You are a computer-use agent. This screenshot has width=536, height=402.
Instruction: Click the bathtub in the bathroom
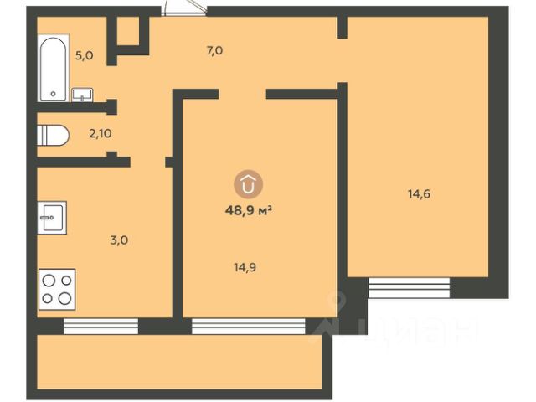[x=53, y=69]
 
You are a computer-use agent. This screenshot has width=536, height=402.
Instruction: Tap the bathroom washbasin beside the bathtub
[x=82, y=95]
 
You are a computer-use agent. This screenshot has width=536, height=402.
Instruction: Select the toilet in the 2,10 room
[x=53, y=136]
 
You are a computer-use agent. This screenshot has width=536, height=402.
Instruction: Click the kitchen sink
[x=52, y=218]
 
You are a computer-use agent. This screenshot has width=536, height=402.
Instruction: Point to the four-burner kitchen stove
[x=57, y=289]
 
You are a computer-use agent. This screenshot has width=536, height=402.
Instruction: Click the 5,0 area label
[x=84, y=55]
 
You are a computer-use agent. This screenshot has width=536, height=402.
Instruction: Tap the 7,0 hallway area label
[x=214, y=51]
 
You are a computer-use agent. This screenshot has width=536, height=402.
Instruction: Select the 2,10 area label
[x=100, y=133]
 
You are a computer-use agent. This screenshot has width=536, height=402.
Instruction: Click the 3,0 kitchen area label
[x=119, y=240]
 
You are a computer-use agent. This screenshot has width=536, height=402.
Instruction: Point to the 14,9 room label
[x=245, y=267]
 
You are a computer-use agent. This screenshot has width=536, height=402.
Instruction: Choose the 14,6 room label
[x=419, y=194]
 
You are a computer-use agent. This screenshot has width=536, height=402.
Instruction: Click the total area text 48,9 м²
[x=249, y=210]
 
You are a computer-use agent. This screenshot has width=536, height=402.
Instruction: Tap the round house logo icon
[x=248, y=184]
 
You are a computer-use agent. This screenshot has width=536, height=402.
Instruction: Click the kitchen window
[x=101, y=326]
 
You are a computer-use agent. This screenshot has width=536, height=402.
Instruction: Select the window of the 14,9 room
[x=249, y=326]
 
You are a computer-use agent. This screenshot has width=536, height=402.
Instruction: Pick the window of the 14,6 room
[x=409, y=288]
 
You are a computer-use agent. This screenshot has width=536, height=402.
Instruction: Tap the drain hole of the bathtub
[x=53, y=93]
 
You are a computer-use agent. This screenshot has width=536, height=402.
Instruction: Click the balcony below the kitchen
[x=179, y=362]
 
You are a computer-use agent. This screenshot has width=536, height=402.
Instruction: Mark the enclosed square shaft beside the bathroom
[x=128, y=30]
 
